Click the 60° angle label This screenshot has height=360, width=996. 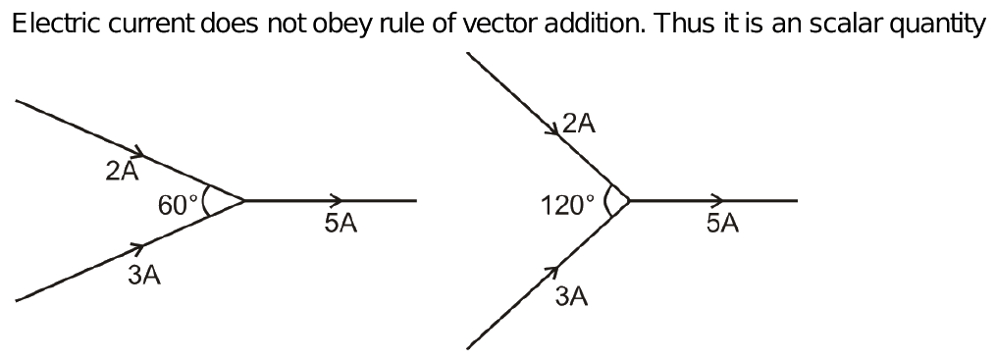click(178, 205)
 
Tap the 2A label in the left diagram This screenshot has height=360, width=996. click(122, 172)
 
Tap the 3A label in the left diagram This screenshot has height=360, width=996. click(144, 276)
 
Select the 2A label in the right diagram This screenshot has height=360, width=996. click(579, 124)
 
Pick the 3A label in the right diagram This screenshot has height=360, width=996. click(571, 296)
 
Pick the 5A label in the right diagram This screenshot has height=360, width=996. click(721, 224)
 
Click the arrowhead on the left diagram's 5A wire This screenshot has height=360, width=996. click(337, 200)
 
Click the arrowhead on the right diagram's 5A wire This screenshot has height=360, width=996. click(718, 200)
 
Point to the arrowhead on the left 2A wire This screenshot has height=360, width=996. click(139, 153)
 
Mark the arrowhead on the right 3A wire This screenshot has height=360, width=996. click(552, 269)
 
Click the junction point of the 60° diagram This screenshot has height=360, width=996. click(243, 200)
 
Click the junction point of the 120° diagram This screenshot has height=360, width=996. click(628, 200)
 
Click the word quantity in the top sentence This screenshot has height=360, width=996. click(938, 26)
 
